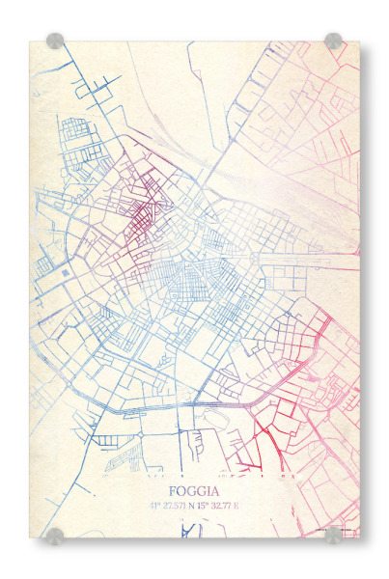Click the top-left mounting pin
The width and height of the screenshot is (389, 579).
(55, 41)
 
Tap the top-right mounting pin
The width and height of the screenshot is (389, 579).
(333, 41)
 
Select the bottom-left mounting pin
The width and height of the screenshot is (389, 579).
(55, 535)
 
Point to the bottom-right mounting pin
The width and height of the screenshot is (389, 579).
(333, 535)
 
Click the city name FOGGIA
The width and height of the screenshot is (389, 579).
(194, 490)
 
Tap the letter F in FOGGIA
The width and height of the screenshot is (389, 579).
(172, 490)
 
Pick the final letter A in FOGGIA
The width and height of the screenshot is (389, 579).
(216, 490)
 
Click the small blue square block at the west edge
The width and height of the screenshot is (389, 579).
(65, 273)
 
